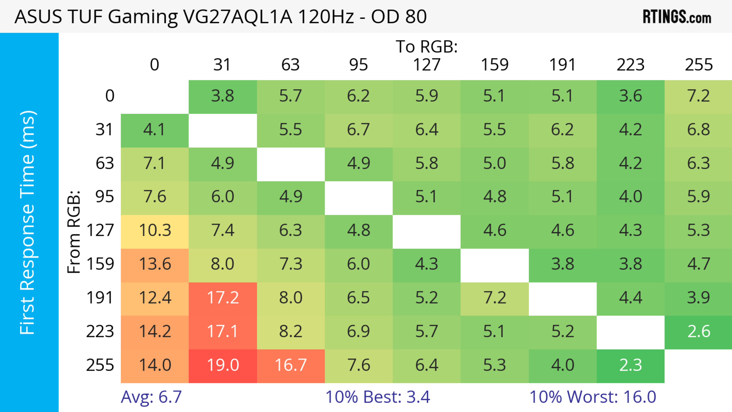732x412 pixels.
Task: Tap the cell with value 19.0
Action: coord(223,365)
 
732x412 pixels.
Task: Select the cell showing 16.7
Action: coord(291,365)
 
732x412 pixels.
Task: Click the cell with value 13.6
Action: coord(155,264)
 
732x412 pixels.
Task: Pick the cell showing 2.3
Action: coord(631,365)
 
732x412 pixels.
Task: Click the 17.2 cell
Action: coord(223,298)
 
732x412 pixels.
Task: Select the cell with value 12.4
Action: coord(155,298)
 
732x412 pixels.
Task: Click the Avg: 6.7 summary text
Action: coord(151,397)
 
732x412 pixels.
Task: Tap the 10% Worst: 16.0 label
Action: coord(593,397)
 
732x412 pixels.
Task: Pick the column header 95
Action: coord(359,65)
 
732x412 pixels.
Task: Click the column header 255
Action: coord(699,65)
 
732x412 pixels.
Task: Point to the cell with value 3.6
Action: coord(631,96)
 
